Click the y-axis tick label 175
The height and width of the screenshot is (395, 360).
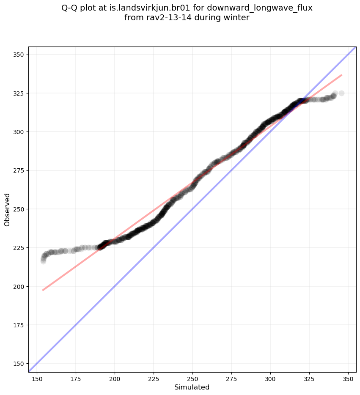20,325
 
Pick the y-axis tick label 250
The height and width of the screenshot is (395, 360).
20,209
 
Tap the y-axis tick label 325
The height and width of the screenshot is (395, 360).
20,93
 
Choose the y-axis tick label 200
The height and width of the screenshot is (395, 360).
20,286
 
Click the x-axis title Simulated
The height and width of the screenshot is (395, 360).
192,387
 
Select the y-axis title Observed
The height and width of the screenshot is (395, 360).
7,209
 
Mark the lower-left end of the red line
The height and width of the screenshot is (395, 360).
43,290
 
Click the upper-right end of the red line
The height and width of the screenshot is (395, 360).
342,75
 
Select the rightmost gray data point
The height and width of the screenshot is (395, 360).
341,93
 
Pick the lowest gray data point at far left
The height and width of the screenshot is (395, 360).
43,261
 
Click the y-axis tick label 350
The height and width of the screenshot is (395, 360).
20,55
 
